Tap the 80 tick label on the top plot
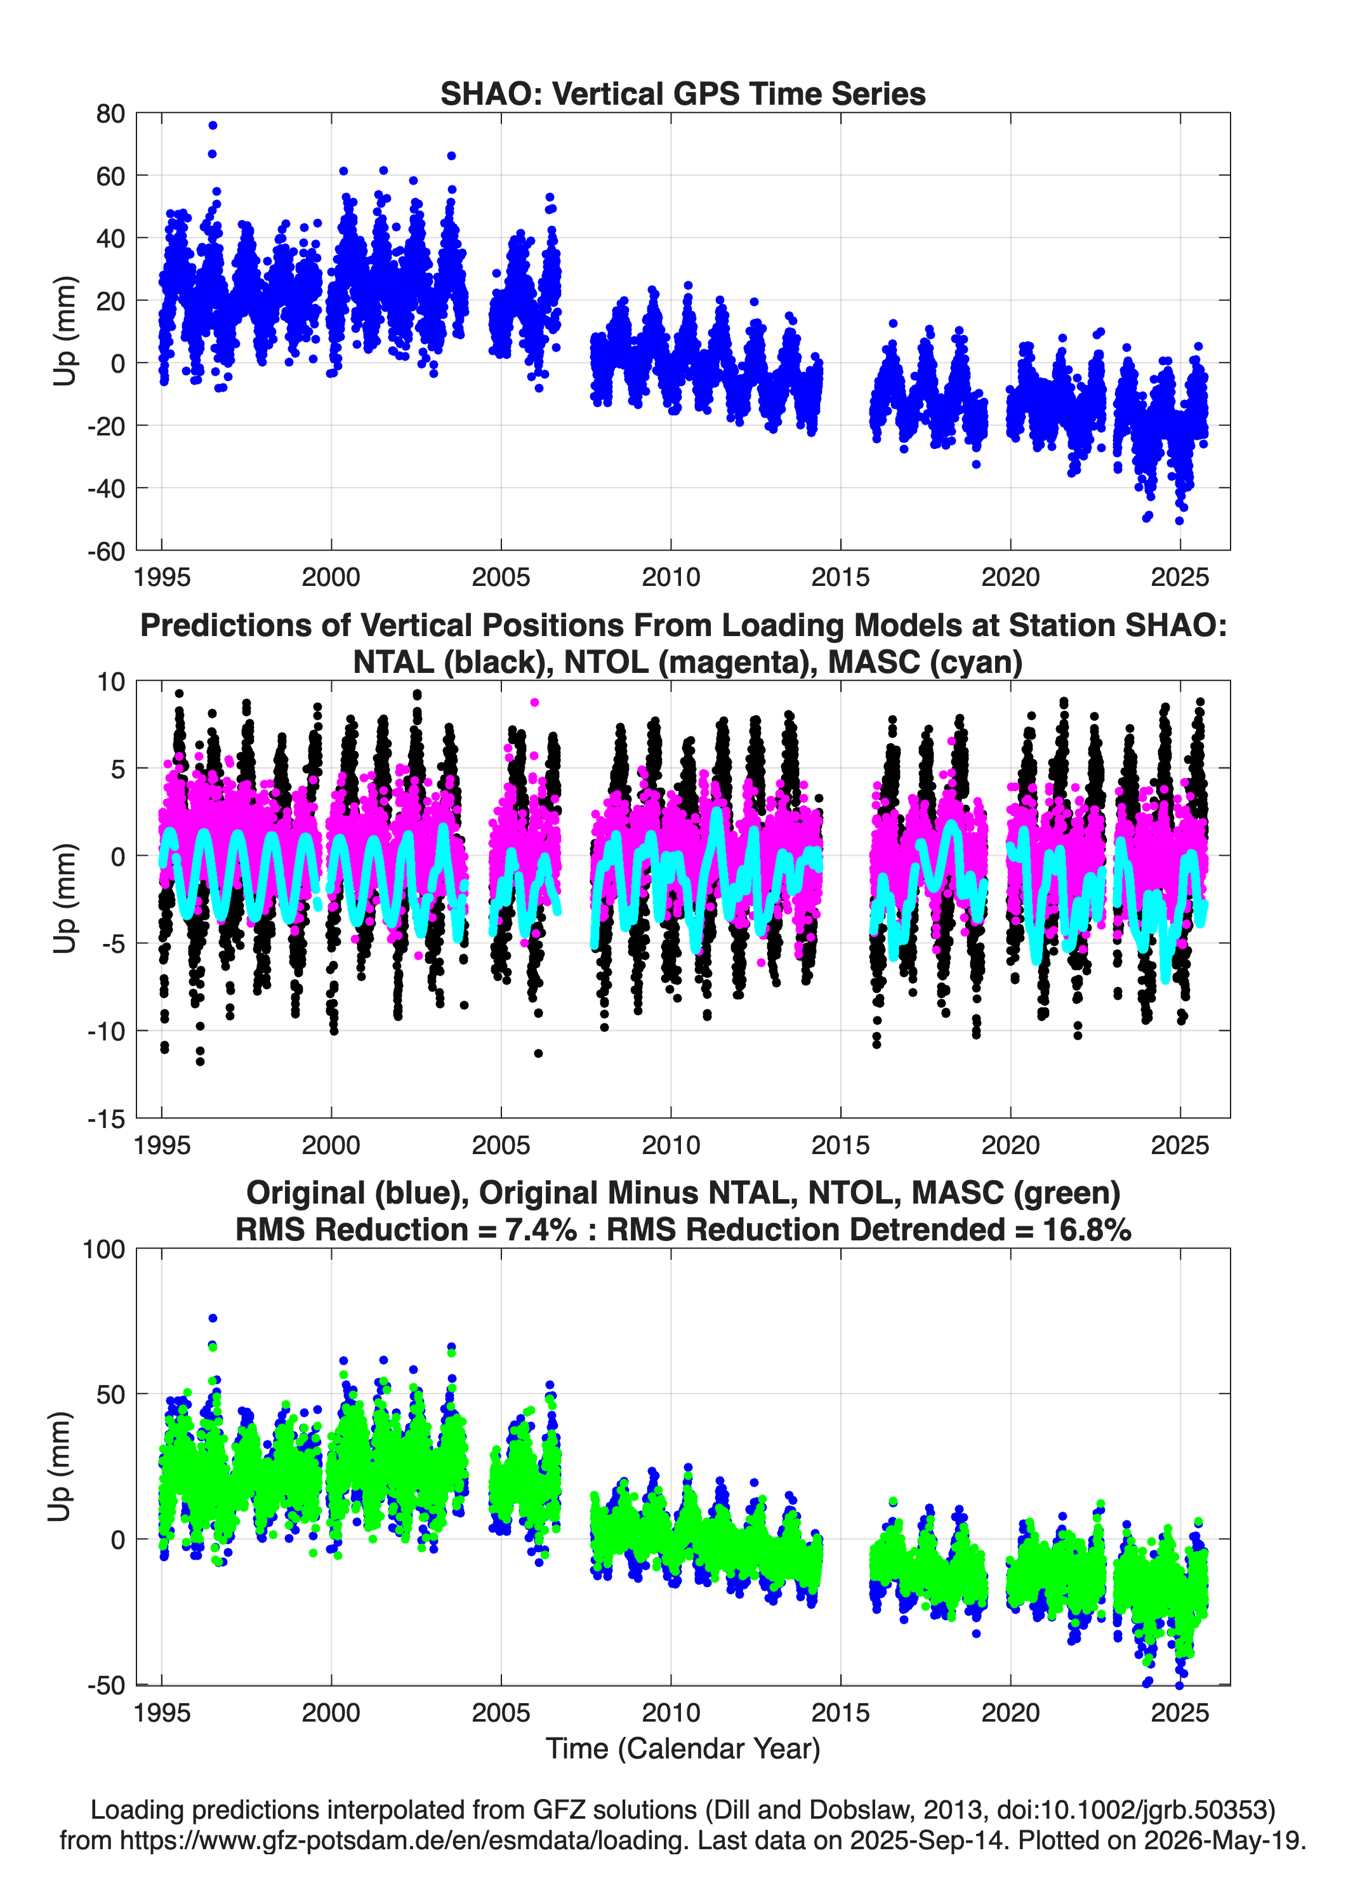click(110, 114)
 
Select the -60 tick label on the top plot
click(106, 551)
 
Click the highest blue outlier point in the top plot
click(213, 125)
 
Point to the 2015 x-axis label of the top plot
click(840, 577)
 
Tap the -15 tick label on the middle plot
click(106, 1119)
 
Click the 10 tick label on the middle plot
click(110, 682)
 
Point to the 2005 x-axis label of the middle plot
click(501, 1145)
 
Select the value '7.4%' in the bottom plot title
click(541, 1230)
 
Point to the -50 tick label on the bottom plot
click(106, 1685)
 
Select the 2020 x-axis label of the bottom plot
click(1010, 1713)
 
